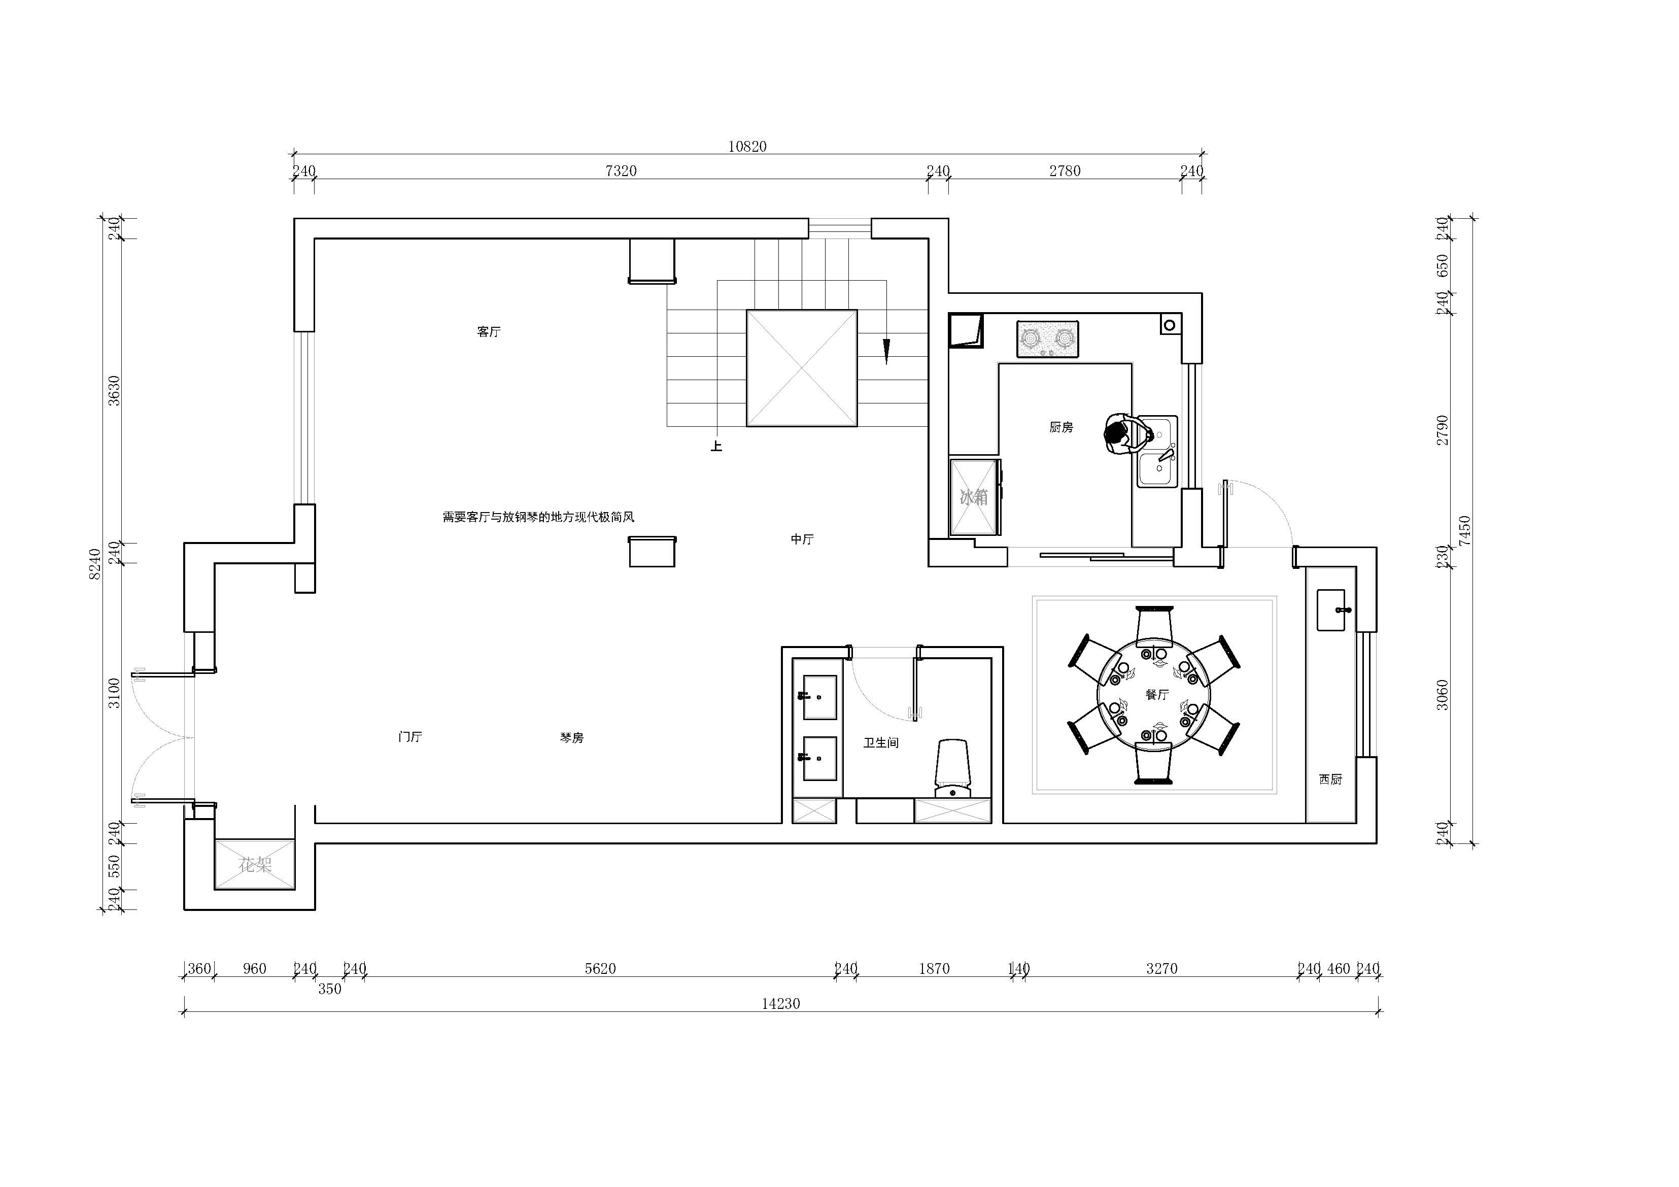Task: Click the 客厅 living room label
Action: coord(489,332)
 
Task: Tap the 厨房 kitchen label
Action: coord(1060,427)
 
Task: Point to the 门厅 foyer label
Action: coord(410,736)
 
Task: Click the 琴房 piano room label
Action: coord(572,738)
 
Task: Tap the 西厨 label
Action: coord(1330,779)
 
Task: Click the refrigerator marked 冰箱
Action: coord(974,497)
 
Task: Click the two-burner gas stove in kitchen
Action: coord(1047,340)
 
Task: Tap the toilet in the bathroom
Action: coord(953,768)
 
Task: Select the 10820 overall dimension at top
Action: coord(747,146)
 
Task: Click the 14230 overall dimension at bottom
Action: coord(781,1003)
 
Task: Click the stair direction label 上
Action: coord(716,446)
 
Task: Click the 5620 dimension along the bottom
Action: coord(600,968)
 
